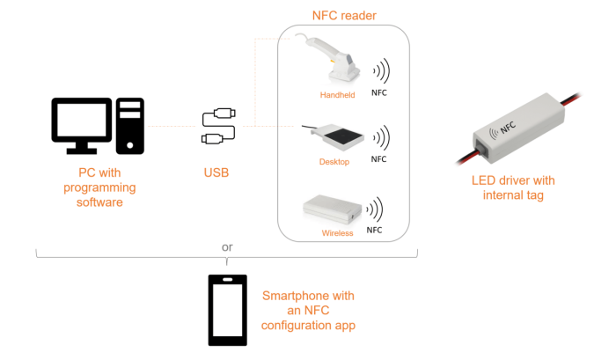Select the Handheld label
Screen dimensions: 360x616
pyautogui.click(x=337, y=94)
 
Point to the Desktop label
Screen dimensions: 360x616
pyautogui.click(x=334, y=162)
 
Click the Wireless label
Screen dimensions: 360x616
pyautogui.click(x=337, y=233)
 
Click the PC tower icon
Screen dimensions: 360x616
pyautogui.click(x=130, y=126)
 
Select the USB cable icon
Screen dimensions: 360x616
pyautogui.click(x=217, y=126)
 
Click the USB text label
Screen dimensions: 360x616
pyautogui.click(x=216, y=173)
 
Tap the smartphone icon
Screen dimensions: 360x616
pyautogui.click(x=227, y=310)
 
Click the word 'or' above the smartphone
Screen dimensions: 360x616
pyautogui.click(x=227, y=247)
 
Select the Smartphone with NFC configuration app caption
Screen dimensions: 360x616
pyautogui.click(x=308, y=310)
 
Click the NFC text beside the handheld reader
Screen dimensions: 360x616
pyautogui.click(x=378, y=92)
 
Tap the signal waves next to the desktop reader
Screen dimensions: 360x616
pyautogui.click(x=380, y=137)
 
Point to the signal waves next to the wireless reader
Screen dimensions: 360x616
pyautogui.click(x=376, y=209)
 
